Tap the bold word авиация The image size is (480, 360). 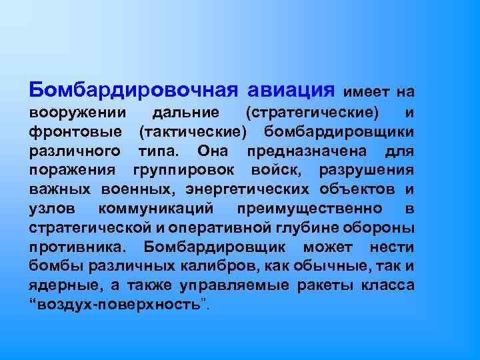[x=290, y=89]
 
